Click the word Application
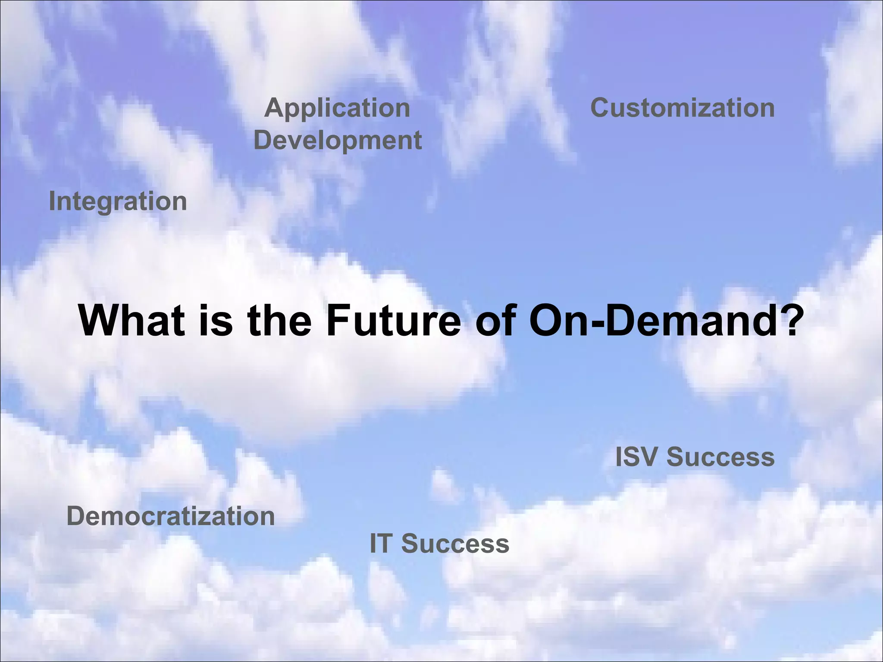click(337, 109)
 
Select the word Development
click(338, 141)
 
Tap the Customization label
click(682, 108)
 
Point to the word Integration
click(118, 202)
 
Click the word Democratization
click(171, 516)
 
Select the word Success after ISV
click(720, 457)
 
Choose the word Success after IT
click(455, 543)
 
